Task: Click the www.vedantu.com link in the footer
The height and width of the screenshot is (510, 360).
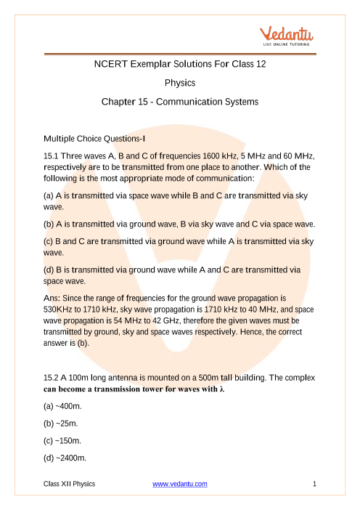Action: click(x=180, y=483)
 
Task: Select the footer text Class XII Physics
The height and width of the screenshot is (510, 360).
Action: click(x=69, y=483)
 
